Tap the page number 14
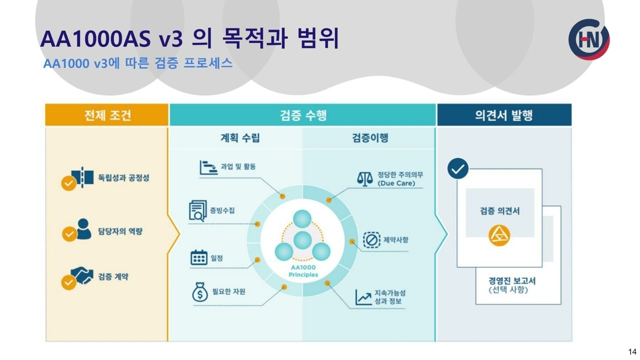click(x=632, y=351)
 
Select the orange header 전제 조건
click(x=107, y=115)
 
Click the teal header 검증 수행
click(x=303, y=115)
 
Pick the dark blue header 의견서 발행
click(x=503, y=115)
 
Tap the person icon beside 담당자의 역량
click(x=83, y=227)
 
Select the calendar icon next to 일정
click(x=199, y=258)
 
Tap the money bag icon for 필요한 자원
click(x=199, y=292)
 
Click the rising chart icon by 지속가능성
click(x=363, y=297)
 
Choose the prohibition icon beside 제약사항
click(x=372, y=239)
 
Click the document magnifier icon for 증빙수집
click(x=198, y=210)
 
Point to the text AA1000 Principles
click(x=303, y=271)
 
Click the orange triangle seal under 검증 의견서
click(x=499, y=235)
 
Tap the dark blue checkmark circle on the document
click(x=457, y=169)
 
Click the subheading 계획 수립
click(x=240, y=138)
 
